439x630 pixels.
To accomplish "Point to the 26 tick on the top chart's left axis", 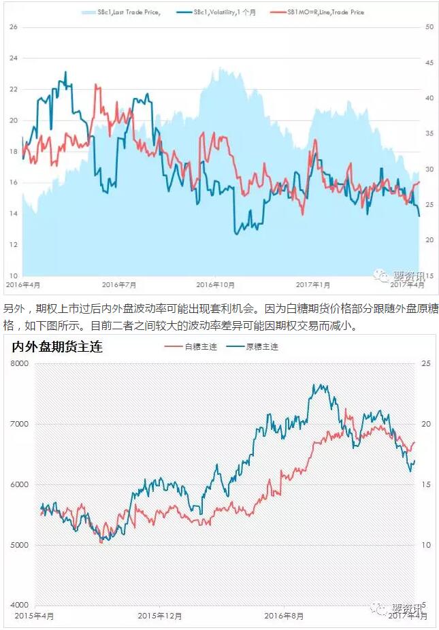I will pyautogui.click(x=13, y=27).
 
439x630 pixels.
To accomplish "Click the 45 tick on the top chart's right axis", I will pyautogui.click(x=429, y=63).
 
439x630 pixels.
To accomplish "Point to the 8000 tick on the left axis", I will pyautogui.click(x=18, y=364).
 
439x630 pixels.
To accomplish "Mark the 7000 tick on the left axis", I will pyautogui.click(x=18, y=425).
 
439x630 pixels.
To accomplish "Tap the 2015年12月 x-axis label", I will pyautogui.click(x=160, y=616).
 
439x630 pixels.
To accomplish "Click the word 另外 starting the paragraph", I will pyautogui.click(x=13, y=308).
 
